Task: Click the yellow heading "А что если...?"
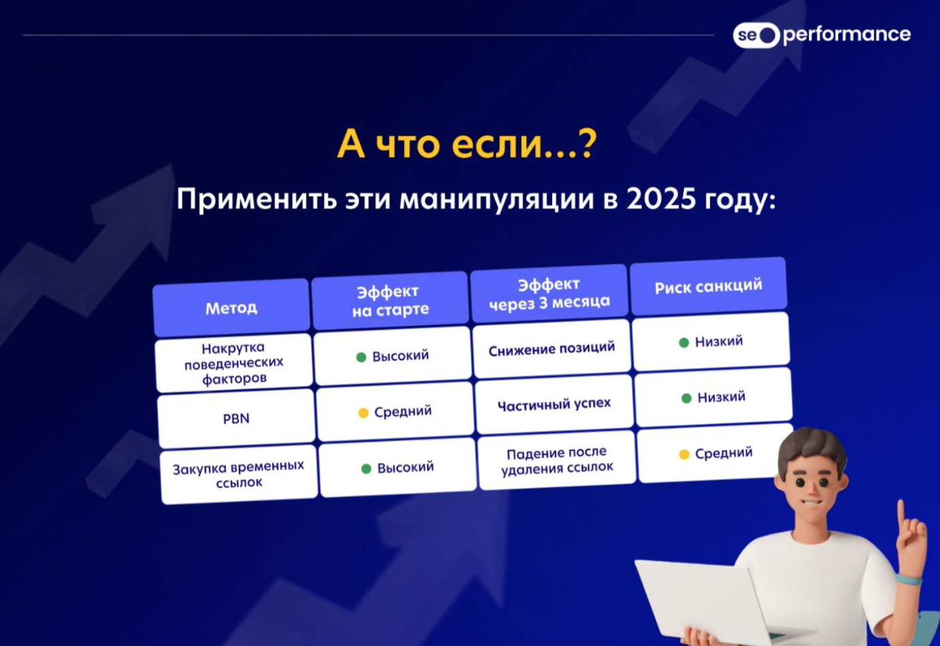click(x=466, y=144)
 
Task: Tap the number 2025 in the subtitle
click(x=661, y=199)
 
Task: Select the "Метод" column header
click(x=231, y=308)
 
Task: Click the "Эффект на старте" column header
click(x=390, y=300)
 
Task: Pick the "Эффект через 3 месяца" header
click(x=549, y=294)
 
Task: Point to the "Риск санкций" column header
click(x=709, y=286)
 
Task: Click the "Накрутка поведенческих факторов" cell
click(x=234, y=363)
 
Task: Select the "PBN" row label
click(x=236, y=419)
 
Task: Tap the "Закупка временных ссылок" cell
click(x=239, y=475)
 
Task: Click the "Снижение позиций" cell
click(x=552, y=349)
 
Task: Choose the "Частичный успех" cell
click(x=554, y=405)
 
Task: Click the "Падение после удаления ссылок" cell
click(x=557, y=460)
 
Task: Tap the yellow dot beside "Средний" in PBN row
click(x=364, y=413)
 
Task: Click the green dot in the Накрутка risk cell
click(x=684, y=342)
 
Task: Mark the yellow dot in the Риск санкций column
click(x=684, y=455)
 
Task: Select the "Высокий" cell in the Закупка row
click(x=397, y=467)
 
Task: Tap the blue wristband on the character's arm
click(x=909, y=580)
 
